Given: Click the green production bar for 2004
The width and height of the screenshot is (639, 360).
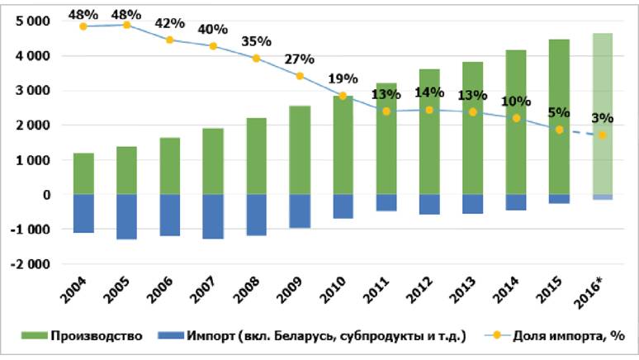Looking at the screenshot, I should click(83, 174).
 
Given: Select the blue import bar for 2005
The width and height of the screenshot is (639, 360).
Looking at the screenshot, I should click(126, 216).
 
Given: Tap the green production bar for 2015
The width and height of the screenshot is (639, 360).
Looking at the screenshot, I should click(559, 116).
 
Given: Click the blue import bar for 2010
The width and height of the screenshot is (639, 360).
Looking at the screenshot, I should click(343, 206).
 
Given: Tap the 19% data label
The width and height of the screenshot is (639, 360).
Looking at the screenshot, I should click(343, 79).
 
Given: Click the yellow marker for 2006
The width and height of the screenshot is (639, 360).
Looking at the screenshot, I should click(169, 40).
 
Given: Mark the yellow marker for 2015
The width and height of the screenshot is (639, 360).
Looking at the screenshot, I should click(560, 130).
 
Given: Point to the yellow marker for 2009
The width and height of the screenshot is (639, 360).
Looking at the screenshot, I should click(300, 76).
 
